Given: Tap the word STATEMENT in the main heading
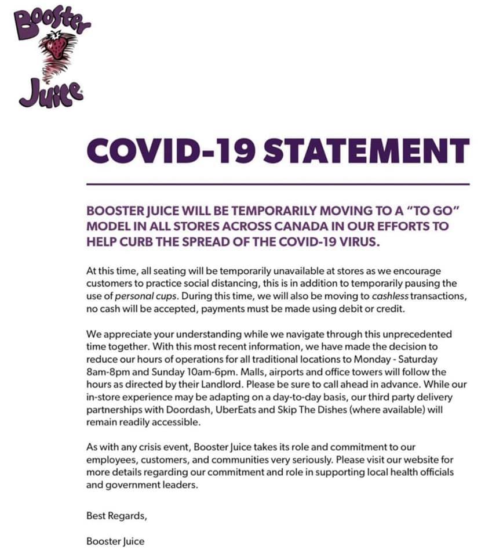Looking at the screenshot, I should [x=366, y=151].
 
